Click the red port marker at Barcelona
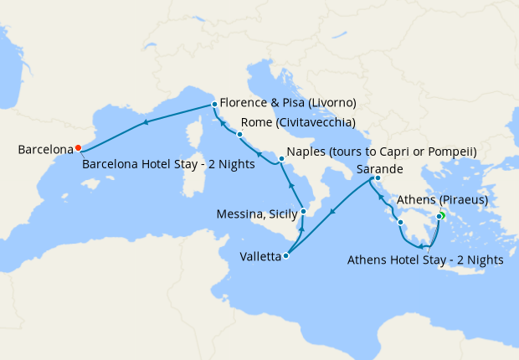78,147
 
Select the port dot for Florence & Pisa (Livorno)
215,104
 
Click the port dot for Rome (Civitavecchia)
239,134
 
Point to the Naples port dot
280,157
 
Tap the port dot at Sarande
378,177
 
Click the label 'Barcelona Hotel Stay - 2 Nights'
168,164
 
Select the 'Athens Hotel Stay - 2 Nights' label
424,260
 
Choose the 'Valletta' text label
259,257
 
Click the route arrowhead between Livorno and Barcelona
146,122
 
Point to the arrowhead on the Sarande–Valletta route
332,212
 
